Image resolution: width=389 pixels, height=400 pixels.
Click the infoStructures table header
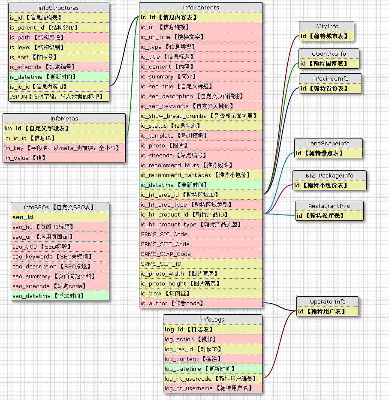tap(59, 8)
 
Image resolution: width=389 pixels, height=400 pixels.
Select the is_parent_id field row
tap(59, 27)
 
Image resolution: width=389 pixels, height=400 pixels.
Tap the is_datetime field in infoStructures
tap(59, 77)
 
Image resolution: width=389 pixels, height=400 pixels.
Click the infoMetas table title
tap(64, 118)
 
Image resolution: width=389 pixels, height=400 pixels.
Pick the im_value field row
tap(64, 158)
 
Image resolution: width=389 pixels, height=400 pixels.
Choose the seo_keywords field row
tap(60, 256)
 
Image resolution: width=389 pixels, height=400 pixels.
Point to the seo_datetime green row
tap(60, 296)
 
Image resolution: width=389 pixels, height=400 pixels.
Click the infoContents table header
tap(201, 7)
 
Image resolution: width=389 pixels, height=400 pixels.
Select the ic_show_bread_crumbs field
tap(201, 116)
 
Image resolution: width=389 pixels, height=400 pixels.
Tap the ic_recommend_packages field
tap(201, 175)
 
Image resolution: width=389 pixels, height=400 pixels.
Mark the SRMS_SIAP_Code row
tap(201, 254)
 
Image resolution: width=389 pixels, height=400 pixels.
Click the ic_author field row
tap(201, 303)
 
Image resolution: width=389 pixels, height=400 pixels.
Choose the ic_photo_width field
tap(201, 274)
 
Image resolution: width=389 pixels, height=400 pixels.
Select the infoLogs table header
tap(212, 319)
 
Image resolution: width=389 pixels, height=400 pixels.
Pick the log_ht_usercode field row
tap(212, 379)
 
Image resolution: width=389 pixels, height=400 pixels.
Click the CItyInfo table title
tap(326, 26)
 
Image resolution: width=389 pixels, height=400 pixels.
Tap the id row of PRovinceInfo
tap(330, 88)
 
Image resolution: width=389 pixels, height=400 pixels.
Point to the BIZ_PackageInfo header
tap(329, 175)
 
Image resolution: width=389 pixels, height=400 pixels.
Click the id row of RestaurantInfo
tap(329, 216)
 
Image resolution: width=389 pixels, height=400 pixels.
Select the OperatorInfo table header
tap(328, 301)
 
